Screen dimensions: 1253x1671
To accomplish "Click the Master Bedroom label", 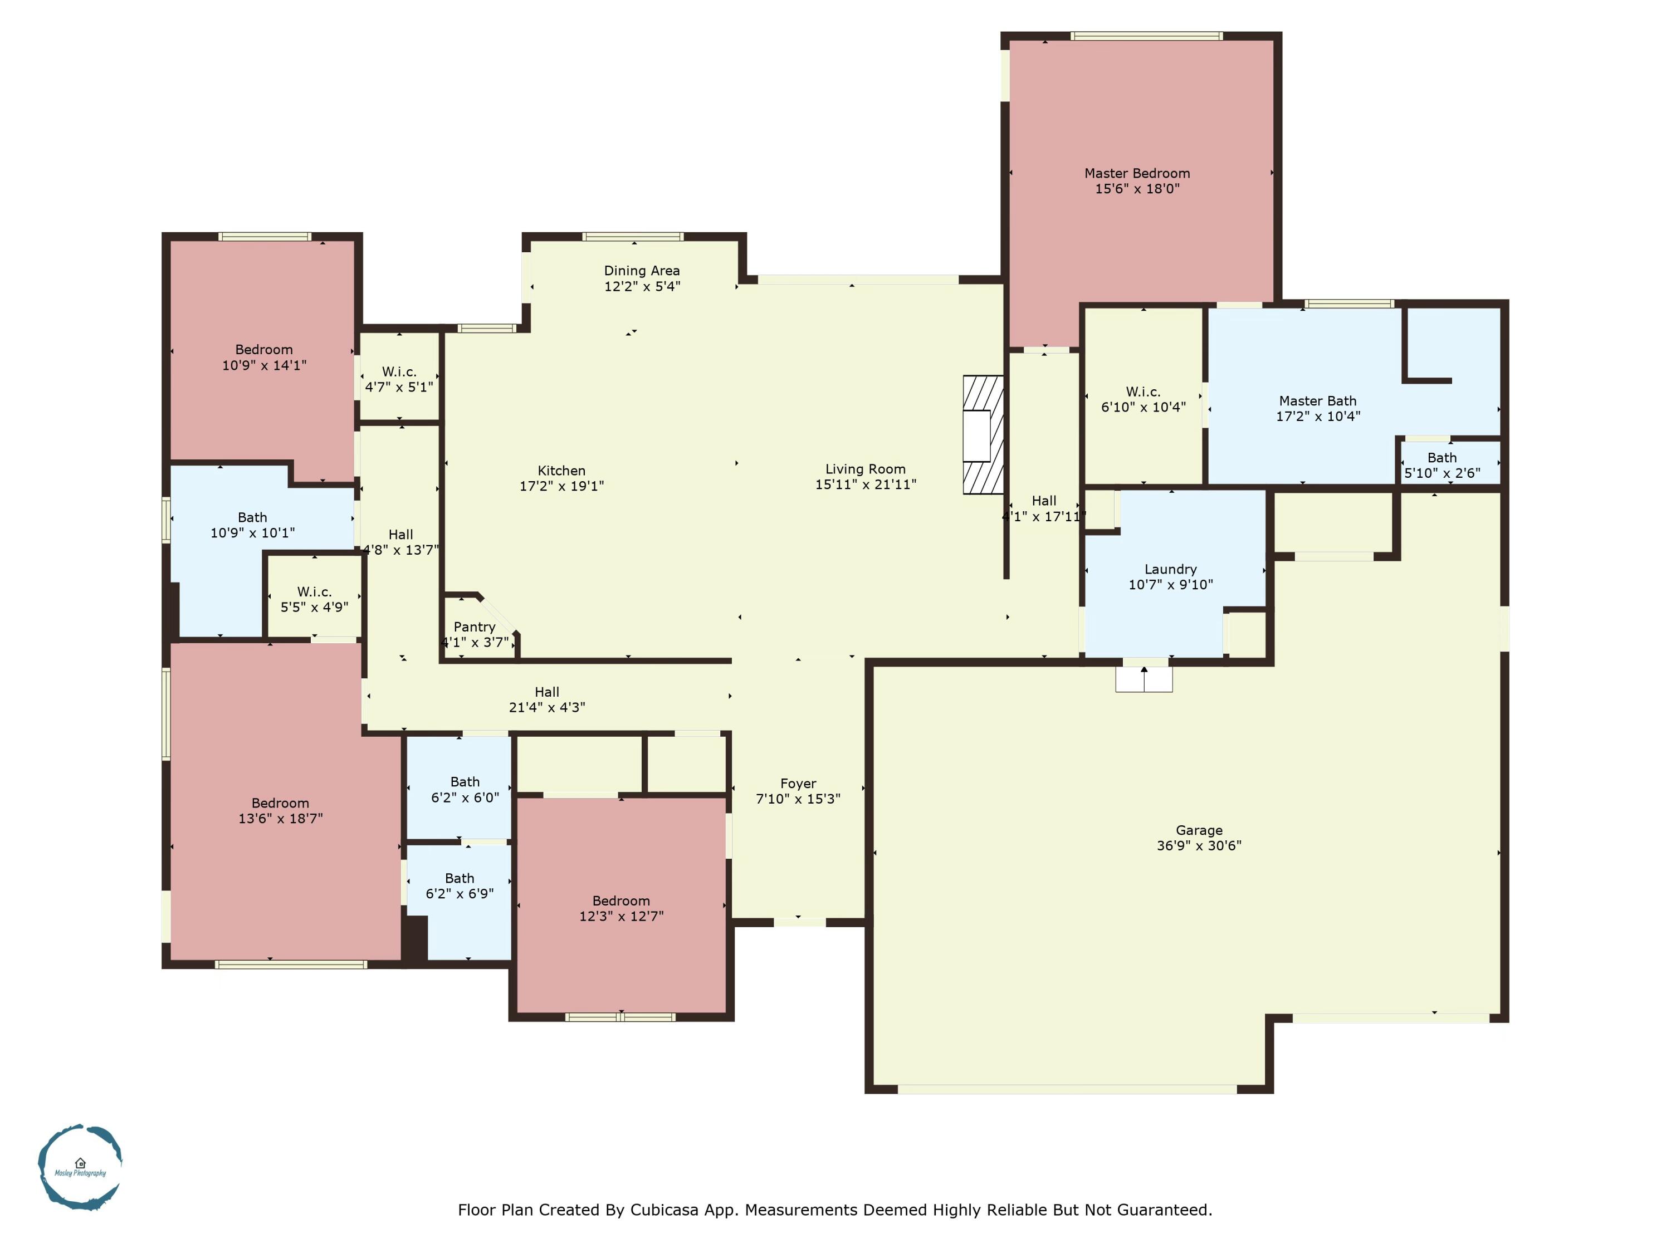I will tap(1136, 173).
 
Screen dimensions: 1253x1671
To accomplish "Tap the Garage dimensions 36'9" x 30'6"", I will tap(1199, 845).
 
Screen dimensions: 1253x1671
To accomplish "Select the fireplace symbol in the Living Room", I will tap(982, 435).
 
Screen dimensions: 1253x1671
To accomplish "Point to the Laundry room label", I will tap(1170, 569).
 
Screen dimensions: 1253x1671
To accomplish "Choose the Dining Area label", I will tap(641, 271).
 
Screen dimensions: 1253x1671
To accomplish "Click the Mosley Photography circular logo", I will tap(80, 1166).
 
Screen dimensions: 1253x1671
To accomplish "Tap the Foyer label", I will tap(798, 783).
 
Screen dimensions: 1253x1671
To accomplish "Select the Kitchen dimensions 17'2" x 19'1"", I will tap(561, 486).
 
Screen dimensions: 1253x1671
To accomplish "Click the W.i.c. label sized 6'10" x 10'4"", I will tap(1142, 391).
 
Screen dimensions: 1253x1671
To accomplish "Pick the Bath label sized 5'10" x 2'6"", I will tap(1442, 458).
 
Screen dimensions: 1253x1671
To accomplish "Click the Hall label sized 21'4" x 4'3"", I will tap(546, 692).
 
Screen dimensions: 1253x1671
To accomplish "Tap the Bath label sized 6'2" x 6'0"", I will tap(465, 782).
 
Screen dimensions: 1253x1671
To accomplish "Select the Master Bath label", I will tap(1317, 401).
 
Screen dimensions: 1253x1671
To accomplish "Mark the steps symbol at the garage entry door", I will tap(1144, 678).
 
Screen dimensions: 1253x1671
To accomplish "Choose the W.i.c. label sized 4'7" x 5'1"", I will tap(399, 371).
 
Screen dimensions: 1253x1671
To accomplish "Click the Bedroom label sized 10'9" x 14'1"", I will tap(263, 350).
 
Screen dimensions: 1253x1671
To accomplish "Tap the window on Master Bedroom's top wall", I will tap(1146, 36).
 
